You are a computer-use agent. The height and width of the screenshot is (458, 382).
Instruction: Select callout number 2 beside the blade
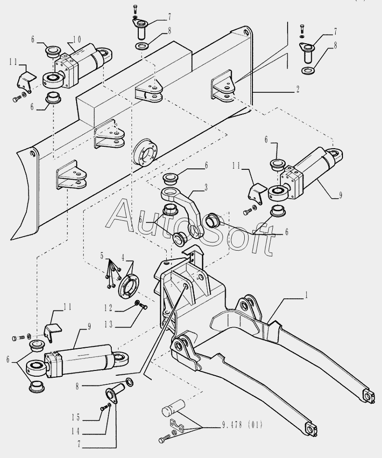pos(298,89)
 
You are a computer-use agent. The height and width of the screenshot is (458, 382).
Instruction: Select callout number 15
pos(77,417)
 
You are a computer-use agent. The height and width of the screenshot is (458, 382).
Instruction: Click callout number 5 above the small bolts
pos(102,254)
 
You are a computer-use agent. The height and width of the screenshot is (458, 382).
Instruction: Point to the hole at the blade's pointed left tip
pos(32,153)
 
